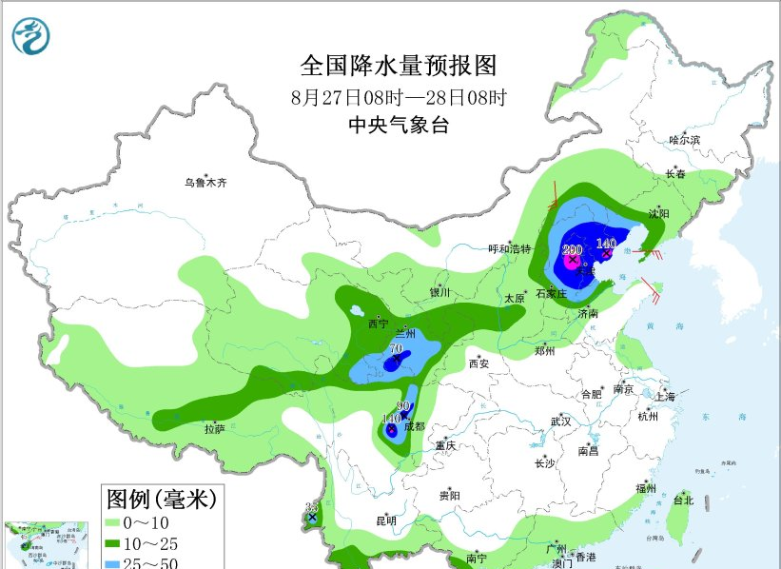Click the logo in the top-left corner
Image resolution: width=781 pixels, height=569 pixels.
pos(31,34)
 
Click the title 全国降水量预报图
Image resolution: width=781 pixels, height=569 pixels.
pos(399,66)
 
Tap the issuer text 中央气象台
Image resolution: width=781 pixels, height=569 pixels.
pos(399,125)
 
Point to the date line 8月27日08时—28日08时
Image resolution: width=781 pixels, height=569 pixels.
pos(399,97)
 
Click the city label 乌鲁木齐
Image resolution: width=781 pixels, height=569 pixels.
pos(206,183)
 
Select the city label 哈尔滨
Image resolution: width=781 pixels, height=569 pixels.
pos(684,140)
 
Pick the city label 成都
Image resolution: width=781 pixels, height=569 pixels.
pos(415,426)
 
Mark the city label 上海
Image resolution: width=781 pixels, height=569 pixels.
pos(665,396)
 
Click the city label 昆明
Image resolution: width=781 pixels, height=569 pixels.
pos(386,520)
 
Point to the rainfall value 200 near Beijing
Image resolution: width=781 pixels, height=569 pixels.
pos(572,249)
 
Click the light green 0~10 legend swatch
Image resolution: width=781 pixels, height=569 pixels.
pos(120,522)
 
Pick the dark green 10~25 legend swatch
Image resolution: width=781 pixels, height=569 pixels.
pos(120,543)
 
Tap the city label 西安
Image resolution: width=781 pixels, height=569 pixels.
pos(478,363)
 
